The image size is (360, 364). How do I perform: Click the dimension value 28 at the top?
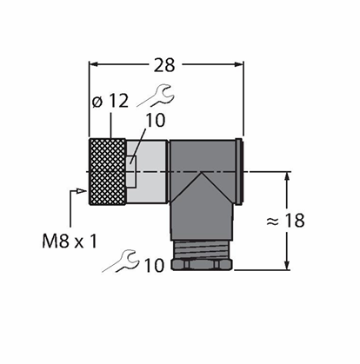click(164, 65)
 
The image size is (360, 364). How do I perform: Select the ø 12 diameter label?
click(110, 101)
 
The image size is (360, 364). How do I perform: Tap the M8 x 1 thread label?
click(70, 242)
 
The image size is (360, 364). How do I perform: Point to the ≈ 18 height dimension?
click(285, 221)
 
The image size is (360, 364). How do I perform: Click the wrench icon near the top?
click(156, 96)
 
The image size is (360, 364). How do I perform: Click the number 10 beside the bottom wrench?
click(154, 266)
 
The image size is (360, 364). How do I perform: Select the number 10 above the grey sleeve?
click(156, 121)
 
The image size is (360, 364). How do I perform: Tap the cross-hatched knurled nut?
click(107, 172)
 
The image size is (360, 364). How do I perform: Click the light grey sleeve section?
click(147, 172)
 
